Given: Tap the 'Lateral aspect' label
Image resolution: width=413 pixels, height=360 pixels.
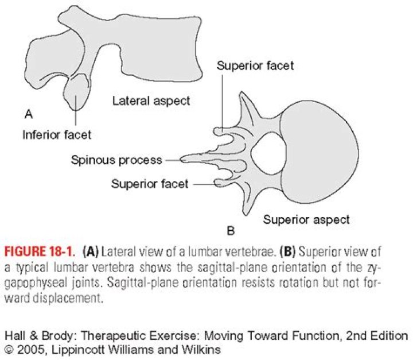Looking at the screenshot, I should click(x=151, y=101).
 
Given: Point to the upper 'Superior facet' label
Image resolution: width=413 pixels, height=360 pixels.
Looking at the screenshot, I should click(x=255, y=65).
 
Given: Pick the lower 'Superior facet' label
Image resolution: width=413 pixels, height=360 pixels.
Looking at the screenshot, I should click(x=150, y=184).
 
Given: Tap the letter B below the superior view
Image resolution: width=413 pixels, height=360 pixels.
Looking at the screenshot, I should click(x=231, y=232).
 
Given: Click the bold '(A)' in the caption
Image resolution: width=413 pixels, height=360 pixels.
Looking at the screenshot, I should click(x=93, y=251).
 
